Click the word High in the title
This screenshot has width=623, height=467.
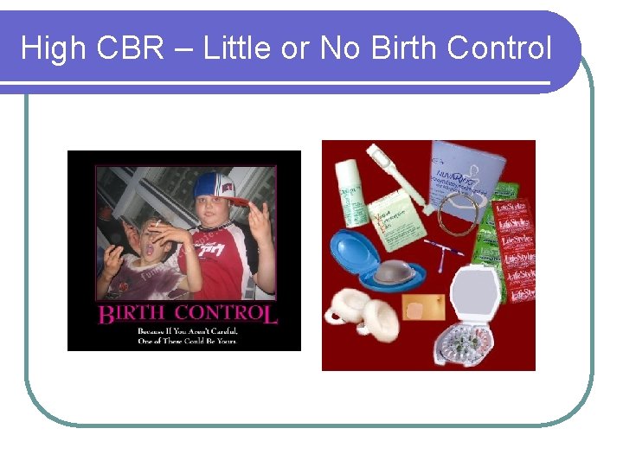[x=54, y=48]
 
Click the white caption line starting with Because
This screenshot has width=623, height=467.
[x=185, y=330]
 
